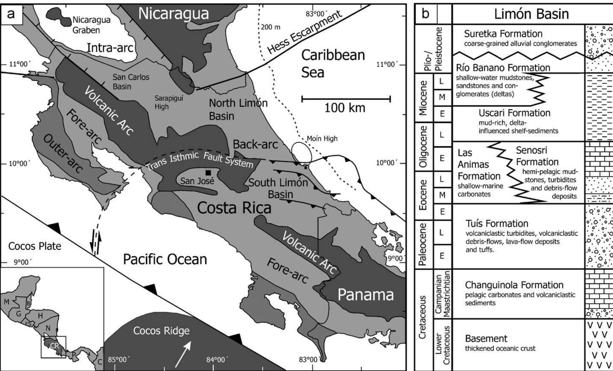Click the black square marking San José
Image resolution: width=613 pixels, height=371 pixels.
point(209,173)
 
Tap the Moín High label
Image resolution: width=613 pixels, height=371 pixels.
point(322,139)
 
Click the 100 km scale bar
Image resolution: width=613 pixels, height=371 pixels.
point(346,99)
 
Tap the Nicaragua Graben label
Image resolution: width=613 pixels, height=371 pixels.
point(91,25)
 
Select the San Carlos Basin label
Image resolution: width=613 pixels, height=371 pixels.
point(131,82)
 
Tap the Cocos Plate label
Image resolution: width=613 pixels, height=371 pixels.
point(35,246)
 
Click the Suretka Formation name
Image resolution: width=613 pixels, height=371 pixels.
point(503,34)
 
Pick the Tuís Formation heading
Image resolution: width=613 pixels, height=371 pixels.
point(497,223)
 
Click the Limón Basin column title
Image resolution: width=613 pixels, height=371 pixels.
point(531,14)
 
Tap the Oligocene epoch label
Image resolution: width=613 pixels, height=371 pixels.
point(423,147)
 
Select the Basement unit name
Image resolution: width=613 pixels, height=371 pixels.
point(486,339)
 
